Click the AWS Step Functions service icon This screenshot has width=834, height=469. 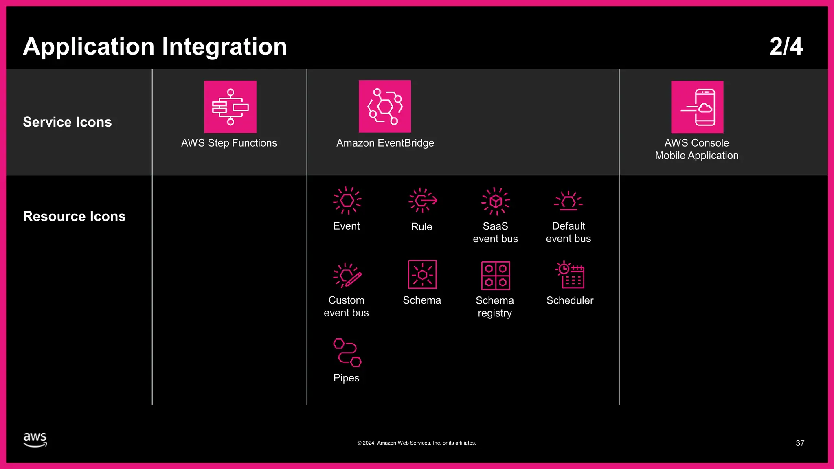[x=230, y=107]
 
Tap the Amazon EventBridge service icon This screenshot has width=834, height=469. [x=384, y=106]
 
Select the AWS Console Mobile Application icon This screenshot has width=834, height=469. [x=697, y=107]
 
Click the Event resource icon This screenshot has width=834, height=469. [x=347, y=200]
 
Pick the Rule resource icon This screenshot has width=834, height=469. [x=422, y=200]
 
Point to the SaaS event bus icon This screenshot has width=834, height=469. [x=496, y=201]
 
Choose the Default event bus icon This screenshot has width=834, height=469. [x=568, y=201]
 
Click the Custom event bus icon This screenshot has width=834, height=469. [x=347, y=275]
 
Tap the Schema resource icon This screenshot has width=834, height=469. [x=422, y=275]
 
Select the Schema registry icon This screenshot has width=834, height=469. [x=495, y=275]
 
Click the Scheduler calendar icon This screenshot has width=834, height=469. [x=570, y=275]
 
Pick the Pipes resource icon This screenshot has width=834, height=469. [x=347, y=352]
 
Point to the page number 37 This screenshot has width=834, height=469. [x=800, y=443]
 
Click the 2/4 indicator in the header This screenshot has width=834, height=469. [x=786, y=46]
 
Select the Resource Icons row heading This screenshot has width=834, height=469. [x=74, y=216]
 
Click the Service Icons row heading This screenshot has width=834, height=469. [x=67, y=122]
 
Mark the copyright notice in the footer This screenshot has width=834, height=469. [x=417, y=443]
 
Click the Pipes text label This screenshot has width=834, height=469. [x=346, y=378]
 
